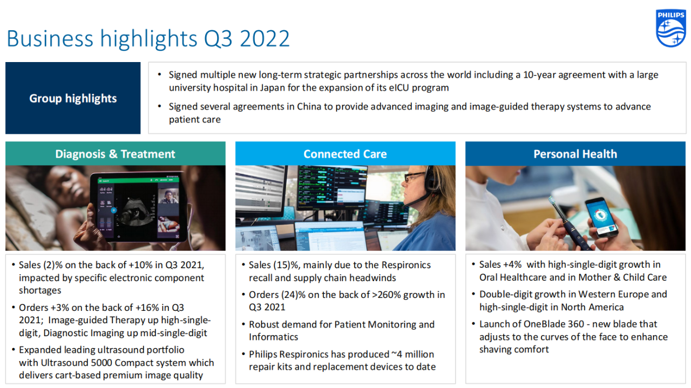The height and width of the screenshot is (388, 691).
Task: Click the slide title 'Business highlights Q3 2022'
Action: click(x=148, y=39)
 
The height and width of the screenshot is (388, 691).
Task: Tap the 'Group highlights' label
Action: click(x=73, y=98)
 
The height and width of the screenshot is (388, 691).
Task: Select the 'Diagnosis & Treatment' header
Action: click(x=115, y=154)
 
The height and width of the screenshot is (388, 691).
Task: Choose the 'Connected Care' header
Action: click(x=345, y=154)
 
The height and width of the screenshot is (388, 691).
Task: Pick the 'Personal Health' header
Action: click(x=575, y=154)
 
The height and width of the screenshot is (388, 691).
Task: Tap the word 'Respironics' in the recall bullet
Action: click(x=406, y=266)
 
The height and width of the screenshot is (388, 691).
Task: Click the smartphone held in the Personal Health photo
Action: click(x=601, y=217)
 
